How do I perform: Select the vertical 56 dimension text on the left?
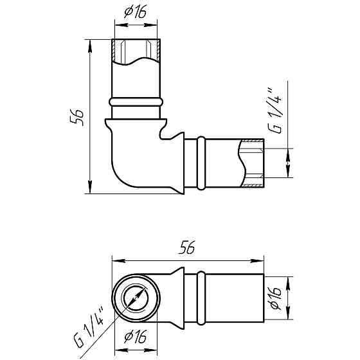[76, 117]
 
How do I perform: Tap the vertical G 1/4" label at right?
[275, 110]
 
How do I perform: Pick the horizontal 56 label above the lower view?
[186, 248]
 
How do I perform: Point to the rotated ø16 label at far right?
[275, 298]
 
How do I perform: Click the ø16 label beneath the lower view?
[135, 337]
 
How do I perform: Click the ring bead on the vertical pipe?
[136, 102]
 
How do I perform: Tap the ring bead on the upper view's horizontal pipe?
[201, 163]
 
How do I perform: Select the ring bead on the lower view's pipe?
[201, 298]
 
